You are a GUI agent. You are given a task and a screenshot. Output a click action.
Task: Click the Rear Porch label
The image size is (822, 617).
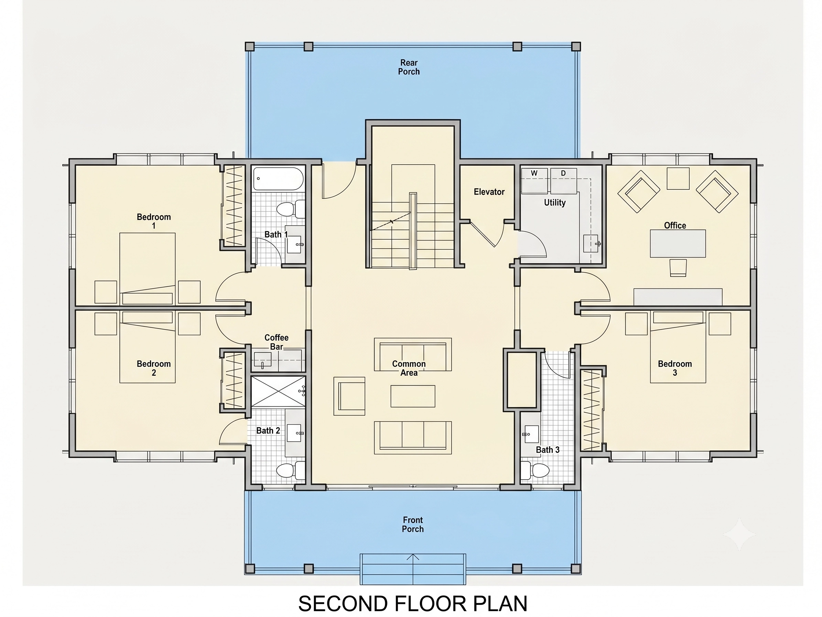pos(409,67)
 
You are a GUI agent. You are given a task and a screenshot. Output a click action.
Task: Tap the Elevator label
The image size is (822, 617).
pos(489,192)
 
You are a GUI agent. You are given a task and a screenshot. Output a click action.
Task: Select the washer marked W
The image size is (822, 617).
pos(534,181)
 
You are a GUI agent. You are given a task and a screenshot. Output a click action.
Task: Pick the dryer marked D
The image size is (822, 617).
pos(564,181)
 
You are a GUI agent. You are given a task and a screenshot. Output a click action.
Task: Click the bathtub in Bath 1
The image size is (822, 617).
pos(278,179)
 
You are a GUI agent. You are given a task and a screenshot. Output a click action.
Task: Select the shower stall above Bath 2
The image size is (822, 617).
pos(278,391)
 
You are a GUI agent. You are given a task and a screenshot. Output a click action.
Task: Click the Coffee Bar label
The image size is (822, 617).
pos(276,342)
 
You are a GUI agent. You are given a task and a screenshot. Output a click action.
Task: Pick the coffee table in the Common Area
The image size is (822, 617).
pos(412,396)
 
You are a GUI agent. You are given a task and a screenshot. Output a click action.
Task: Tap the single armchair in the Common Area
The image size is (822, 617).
pos(349,396)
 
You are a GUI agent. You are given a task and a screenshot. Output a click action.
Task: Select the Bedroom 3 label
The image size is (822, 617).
pos(675,368)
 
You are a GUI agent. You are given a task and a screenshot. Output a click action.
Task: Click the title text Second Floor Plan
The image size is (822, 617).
pos(413,604)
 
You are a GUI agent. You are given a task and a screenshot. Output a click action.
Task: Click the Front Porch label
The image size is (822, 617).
pos(412,524)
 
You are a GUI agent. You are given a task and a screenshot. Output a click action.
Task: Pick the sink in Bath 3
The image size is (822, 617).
pos(531,434)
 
